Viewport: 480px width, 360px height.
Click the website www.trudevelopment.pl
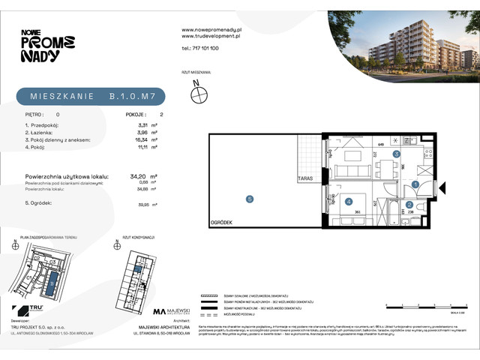pyautogui.click(x=211, y=35)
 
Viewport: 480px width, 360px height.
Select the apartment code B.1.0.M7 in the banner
pyautogui.click(x=133, y=97)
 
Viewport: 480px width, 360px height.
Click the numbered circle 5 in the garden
pyautogui.click(x=250, y=199)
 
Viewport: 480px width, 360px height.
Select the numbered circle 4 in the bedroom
pyautogui.click(x=349, y=200)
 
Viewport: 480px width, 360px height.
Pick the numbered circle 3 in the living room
pyautogui.click(x=395, y=154)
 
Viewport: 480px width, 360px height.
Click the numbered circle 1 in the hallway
pyautogui.click(x=415, y=184)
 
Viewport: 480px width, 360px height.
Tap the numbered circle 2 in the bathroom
pyautogui.click(x=409, y=204)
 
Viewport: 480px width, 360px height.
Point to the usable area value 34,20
pyautogui.click(x=138, y=177)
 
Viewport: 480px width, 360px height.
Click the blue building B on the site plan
pyautogui.click(x=51, y=283)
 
